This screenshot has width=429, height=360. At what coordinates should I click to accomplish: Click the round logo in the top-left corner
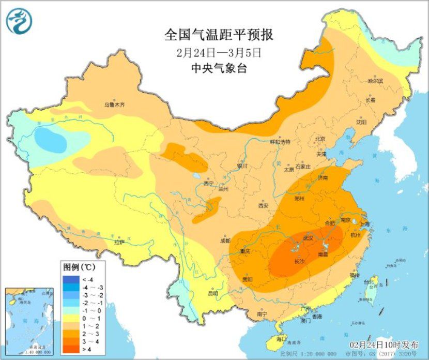[x=19, y=21]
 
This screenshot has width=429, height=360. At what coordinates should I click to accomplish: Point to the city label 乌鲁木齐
[x=114, y=104]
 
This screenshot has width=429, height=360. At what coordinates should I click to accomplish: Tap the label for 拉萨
[x=119, y=242]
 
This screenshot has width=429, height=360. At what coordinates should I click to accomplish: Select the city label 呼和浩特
[x=281, y=142]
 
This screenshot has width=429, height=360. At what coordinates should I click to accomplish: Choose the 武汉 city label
[x=309, y=238]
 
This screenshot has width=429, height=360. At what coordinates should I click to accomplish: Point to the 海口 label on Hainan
[x=281, y=338]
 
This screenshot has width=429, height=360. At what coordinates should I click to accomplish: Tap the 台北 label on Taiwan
[x=368, y=282]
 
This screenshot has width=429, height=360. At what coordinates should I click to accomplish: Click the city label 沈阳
[x=361, y=122]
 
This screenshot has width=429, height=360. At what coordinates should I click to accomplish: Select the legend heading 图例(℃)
[x=79, y=267]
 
